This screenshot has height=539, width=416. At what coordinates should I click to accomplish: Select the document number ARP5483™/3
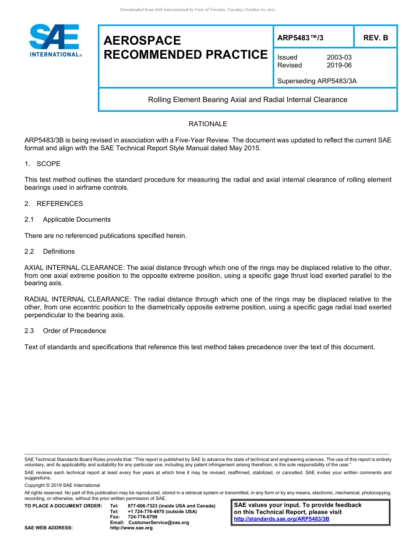pos(300,38)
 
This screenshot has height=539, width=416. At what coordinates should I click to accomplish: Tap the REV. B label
pos(375,38)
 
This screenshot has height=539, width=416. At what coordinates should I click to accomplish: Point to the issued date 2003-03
pos(339,57)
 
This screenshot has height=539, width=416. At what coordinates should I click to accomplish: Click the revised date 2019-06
pos(339,65)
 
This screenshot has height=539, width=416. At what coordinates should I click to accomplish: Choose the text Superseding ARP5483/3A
pos(317,81)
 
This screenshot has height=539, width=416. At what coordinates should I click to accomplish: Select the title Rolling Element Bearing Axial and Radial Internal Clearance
pos(247,99)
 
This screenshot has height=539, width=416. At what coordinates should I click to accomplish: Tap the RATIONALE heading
pos(208,124)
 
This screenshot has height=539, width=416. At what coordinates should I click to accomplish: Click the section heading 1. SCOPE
pos(42,164)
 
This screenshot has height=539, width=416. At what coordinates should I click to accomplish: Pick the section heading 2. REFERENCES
pos(53,204)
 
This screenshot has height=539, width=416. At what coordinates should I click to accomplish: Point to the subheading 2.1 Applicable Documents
pos(67,220)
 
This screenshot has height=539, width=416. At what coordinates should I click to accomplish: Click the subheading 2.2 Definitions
pos(49,252)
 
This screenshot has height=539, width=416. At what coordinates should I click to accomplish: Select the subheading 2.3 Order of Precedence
pos(65,331)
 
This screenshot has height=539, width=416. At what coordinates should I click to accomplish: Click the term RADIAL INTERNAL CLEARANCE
pos(77,300)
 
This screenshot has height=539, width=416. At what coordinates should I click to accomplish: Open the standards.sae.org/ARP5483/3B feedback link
pos(282,519)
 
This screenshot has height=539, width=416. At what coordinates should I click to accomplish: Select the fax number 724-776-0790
pos(142,517)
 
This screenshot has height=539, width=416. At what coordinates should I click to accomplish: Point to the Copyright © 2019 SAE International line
pos(62,486)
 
